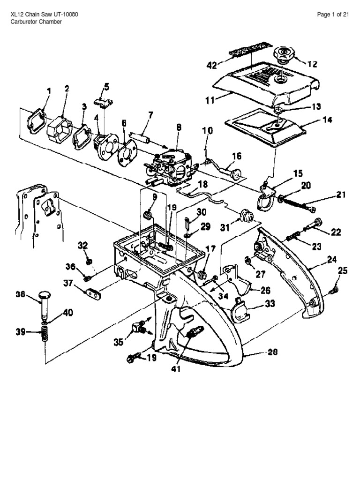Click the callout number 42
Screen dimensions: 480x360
coord(211,66)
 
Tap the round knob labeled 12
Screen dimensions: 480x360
coord(283,53)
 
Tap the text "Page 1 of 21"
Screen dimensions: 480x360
coord(333,15)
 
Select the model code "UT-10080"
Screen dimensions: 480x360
coord(65,15)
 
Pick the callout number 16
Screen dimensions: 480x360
coord(236,155)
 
